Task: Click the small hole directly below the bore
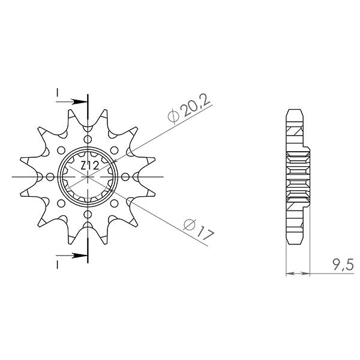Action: (x=88, y=215)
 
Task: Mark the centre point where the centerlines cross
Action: (x=88, y=177)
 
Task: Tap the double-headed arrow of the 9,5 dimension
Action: (x=298, y=274)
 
